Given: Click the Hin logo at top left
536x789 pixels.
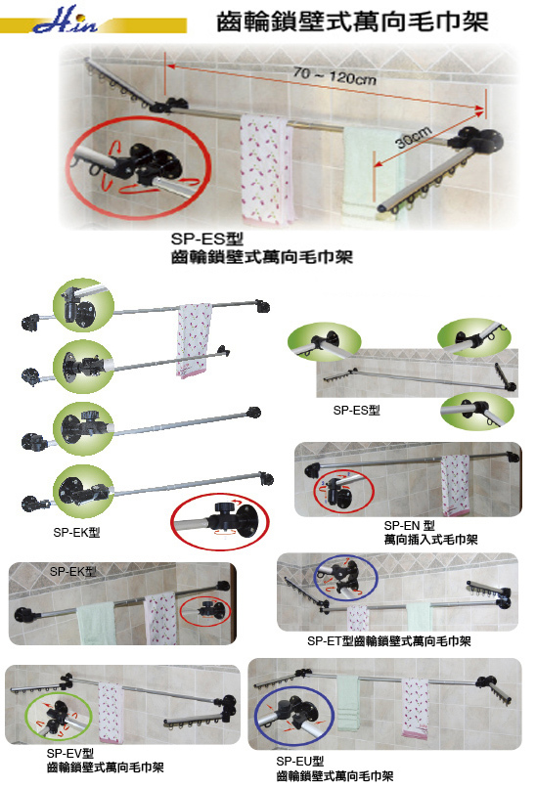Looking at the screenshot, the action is [66, 21].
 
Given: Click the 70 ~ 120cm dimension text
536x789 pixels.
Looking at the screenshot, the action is [335, 76].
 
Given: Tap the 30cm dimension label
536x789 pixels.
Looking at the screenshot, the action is [413, 138].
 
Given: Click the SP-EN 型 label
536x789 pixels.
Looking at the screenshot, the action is [409, 525].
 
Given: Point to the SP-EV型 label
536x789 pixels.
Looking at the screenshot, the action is [70, 753].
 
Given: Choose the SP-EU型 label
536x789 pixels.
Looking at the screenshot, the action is [299, 762].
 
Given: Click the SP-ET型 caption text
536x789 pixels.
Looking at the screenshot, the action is [389, 640].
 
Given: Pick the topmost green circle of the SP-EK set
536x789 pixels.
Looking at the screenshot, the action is [83, 305].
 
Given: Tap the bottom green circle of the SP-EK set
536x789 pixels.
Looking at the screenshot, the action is [83, 491].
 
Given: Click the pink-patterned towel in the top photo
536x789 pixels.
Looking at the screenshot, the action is [266, 168].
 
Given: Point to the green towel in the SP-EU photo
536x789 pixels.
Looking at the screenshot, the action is [348, 703].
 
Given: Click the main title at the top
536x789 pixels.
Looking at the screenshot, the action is [352, 22].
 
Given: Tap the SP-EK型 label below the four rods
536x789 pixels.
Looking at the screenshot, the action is [76, 532].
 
